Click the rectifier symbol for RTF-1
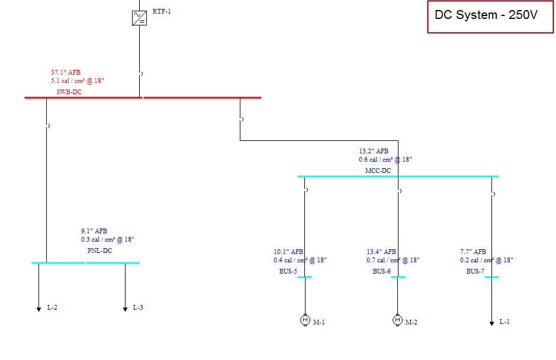139,18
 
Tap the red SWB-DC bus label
69,92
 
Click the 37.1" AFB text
66,72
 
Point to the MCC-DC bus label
378,171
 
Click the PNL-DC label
99,250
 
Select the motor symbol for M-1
305,320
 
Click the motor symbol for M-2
397,320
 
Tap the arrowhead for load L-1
491,323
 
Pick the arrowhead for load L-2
39,309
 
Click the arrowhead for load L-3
125,309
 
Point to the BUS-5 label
288,272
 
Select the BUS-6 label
381,272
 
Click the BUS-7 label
475,272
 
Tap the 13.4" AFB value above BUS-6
381,252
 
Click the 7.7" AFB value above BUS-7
473,252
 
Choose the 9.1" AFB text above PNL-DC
94,231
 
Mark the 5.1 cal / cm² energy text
78,81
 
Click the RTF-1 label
162,11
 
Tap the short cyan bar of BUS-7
491,277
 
